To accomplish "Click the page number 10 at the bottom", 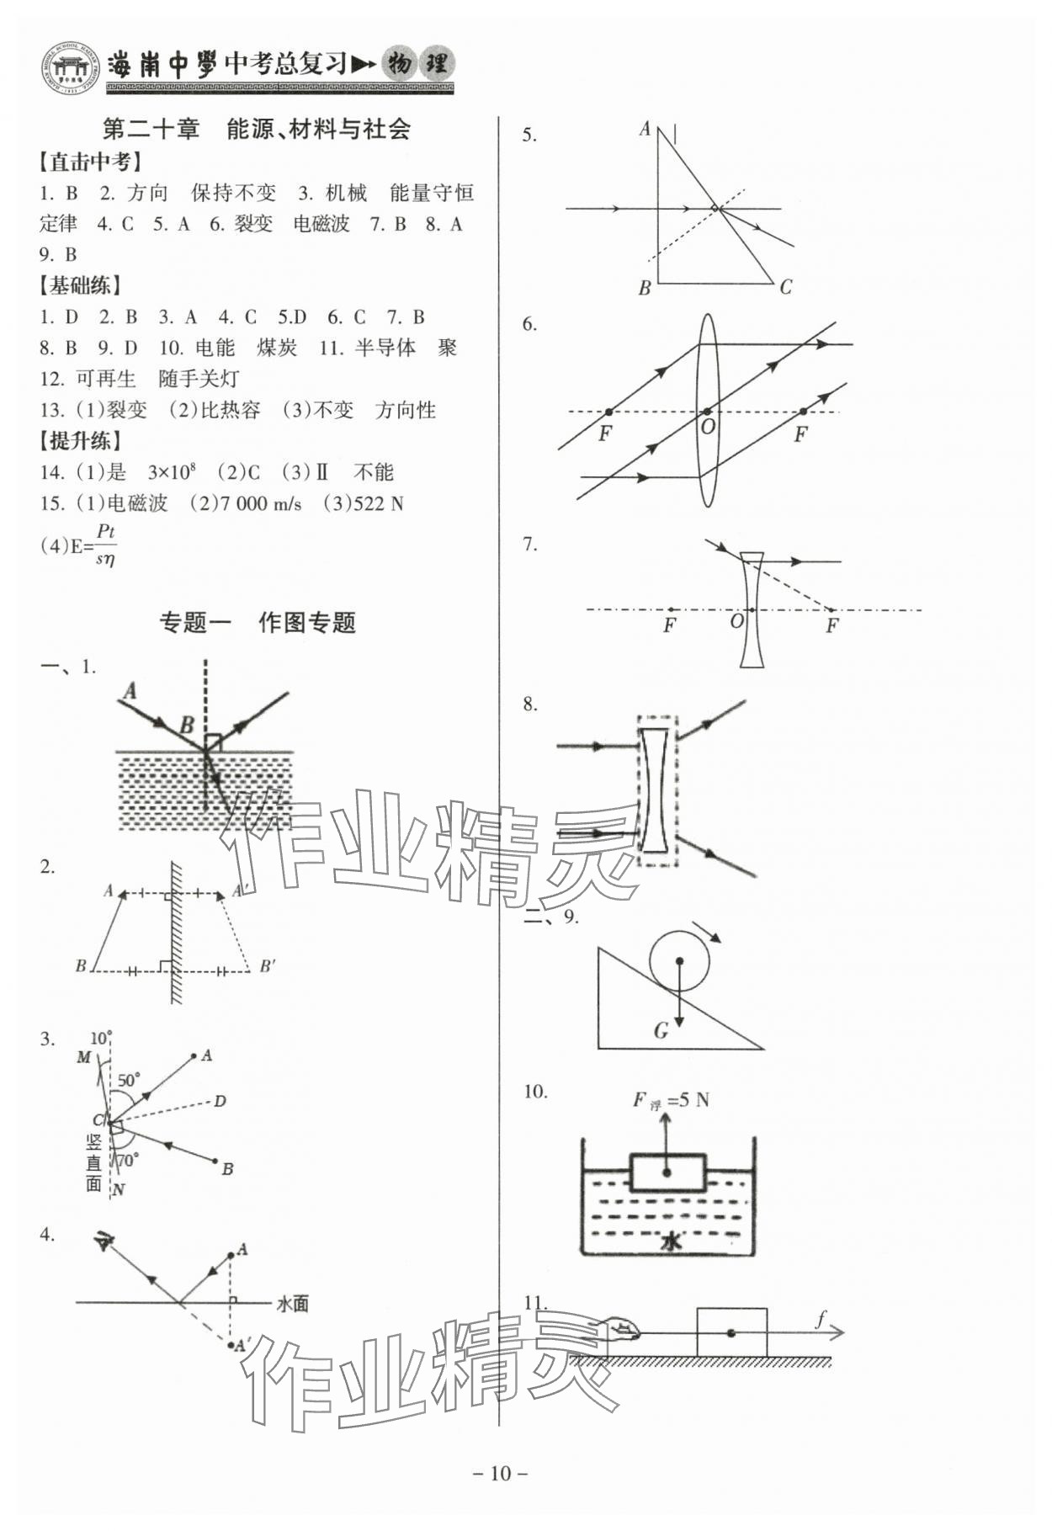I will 501,1473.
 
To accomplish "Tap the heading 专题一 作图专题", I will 258,623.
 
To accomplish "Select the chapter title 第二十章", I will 150,130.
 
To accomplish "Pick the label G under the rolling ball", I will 661,1030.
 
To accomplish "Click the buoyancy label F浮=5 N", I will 671,1100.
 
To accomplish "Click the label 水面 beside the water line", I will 292,1304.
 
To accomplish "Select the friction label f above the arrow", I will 821,1319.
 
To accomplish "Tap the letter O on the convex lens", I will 708,427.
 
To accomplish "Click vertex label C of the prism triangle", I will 785,288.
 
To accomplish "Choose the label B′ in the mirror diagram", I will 267,966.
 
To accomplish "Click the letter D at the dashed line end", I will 220,1101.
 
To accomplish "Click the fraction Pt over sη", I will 105,545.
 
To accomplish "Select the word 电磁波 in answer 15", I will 137,504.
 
